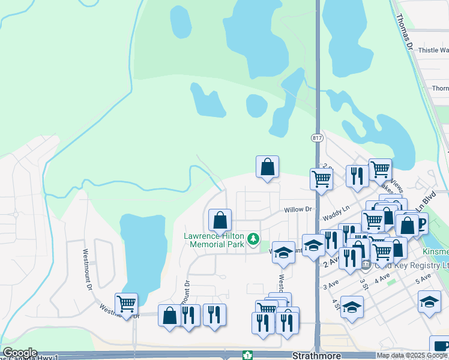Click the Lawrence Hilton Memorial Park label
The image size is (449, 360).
214,241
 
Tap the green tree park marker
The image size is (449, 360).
253,240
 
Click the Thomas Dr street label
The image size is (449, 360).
405,30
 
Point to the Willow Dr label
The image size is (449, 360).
298,210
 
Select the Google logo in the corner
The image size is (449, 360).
19,353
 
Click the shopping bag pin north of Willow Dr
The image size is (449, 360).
267,167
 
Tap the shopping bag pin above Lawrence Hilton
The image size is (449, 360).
220,220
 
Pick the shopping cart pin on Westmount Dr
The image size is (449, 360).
126,304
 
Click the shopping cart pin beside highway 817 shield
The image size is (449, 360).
322,179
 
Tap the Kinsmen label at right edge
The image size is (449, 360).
439,250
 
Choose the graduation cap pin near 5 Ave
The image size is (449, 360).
429,302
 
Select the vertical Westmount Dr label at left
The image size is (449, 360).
88,271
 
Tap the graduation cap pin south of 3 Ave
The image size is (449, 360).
352,307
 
